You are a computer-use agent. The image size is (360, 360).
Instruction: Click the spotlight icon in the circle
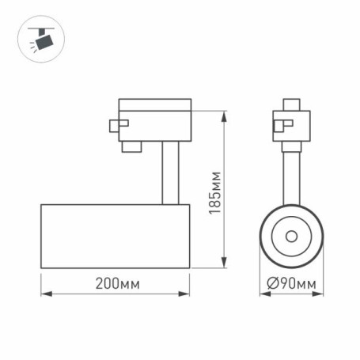[x=37, y=37]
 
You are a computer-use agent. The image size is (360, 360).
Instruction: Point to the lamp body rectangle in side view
[x=115, y=236]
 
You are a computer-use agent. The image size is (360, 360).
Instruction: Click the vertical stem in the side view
[x=168, y=173]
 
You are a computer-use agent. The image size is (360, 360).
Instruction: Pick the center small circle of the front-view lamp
[x=291, y=236]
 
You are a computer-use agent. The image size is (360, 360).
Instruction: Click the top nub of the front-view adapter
[x=291, y=104]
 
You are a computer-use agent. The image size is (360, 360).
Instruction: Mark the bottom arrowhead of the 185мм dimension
[x=226, y=264]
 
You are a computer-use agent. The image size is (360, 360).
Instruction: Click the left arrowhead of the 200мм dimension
[x=44, y=295]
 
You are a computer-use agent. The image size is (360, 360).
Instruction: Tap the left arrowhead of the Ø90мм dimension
[x=262, y=295]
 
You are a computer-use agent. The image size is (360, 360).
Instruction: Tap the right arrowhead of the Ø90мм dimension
[x=320, y=295]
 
